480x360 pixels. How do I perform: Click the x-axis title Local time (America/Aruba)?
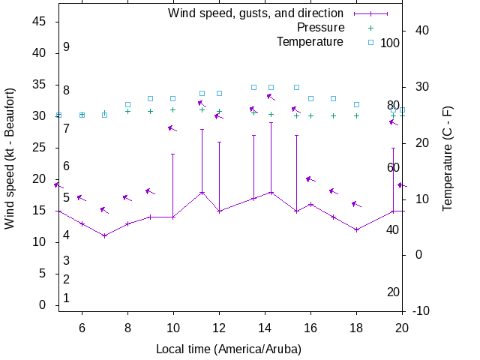(228, 349)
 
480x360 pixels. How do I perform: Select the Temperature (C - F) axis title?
(448, 157)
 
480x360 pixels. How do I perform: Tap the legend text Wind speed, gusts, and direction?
(255, 13)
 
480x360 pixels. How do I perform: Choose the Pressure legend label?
(320, 28)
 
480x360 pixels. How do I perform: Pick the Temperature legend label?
(310, 42)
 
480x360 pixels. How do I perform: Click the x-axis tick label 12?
(219, 327)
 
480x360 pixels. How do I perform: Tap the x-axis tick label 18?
(356, 327)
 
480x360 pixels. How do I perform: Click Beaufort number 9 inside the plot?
(66, 47)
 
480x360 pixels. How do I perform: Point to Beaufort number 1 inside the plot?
(66, 298)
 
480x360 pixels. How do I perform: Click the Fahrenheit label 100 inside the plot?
(390, 43)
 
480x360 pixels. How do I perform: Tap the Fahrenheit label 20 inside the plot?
(393, 292)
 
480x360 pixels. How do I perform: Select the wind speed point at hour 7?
(105, 235)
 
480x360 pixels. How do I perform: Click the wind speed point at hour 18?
(357, 229)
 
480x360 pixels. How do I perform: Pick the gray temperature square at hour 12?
(219, 93)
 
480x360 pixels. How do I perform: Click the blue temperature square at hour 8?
(127, 104)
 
